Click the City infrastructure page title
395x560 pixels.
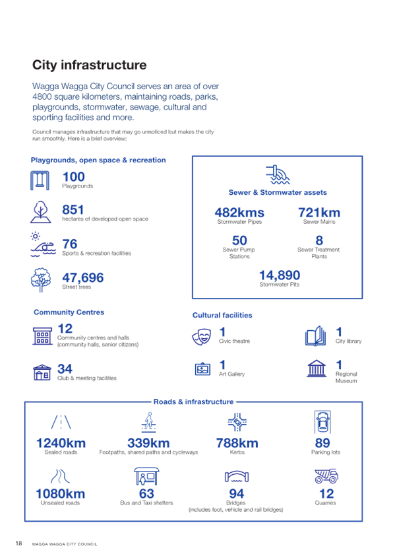point(90,65)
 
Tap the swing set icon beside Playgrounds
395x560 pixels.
point(40,180)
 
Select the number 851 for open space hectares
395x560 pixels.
point(73,209)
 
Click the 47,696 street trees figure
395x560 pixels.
point(83,277)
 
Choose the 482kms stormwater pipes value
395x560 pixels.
point(239,213)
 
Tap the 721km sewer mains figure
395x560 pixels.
point(319,213)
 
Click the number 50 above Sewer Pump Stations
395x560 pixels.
point(239,240)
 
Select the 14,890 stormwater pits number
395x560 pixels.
point(280,275)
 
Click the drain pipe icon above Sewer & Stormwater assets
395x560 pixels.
point(278,174)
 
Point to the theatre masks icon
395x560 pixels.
point(201,336)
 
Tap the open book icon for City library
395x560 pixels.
point(315,336)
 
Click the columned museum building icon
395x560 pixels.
point(317,368)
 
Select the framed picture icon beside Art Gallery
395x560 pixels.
point(202,369)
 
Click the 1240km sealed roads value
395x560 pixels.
point(61,443)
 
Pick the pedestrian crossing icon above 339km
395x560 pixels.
point(148,422)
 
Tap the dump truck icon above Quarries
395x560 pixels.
point(326,476)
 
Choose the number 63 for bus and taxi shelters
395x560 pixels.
point(146,493)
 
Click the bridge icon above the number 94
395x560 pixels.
point(237,476)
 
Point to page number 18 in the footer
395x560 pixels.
point(18,543)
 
